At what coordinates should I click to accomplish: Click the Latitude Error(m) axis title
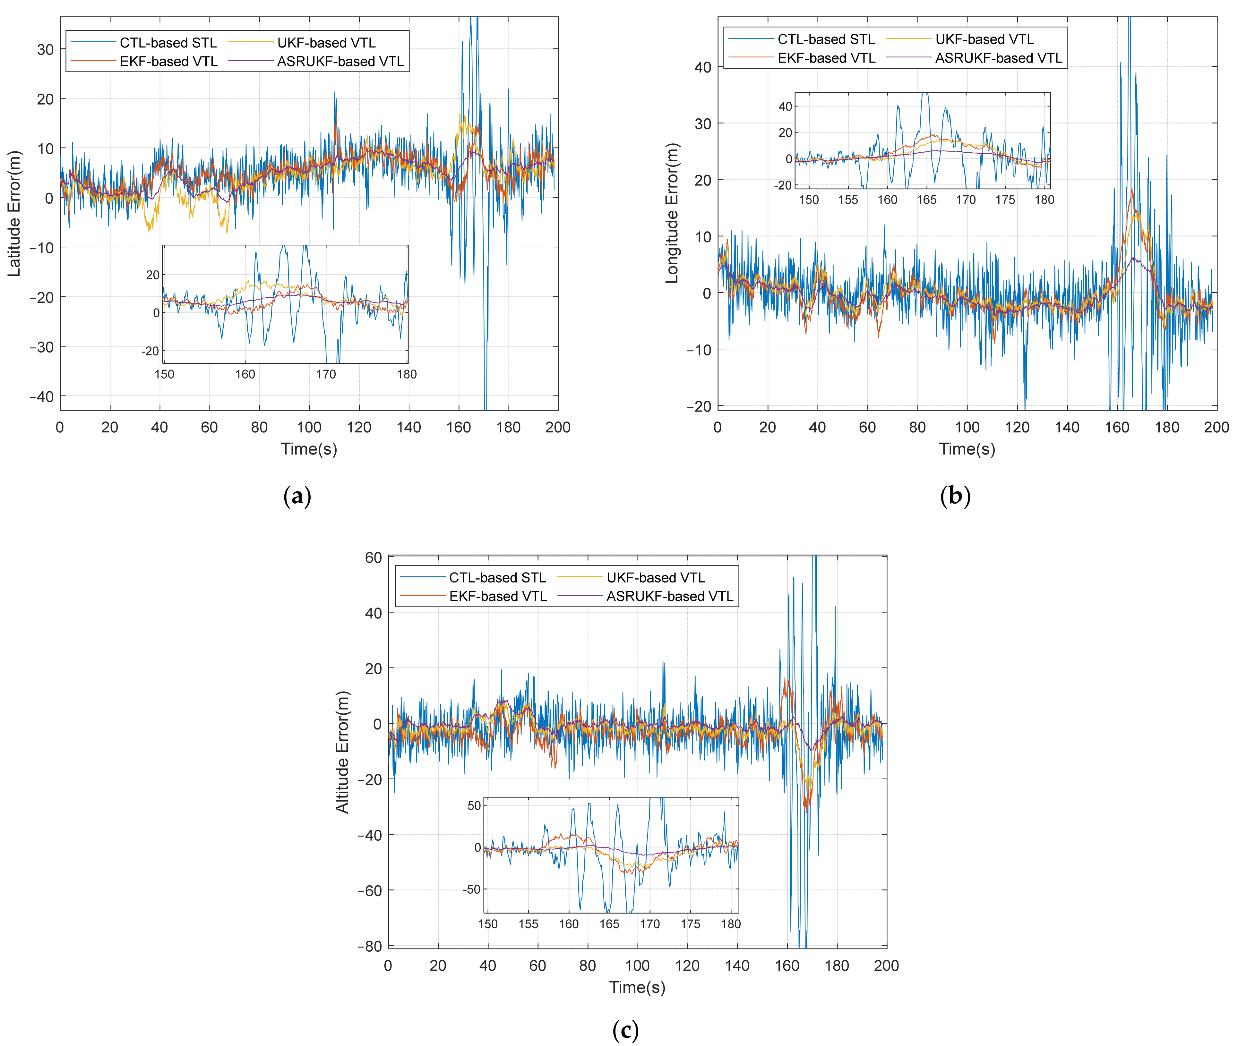(14, 214)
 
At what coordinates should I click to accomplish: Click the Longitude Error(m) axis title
(672, 214)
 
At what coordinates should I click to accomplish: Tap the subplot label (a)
(297, 496)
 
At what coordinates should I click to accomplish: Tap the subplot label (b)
(955, 496)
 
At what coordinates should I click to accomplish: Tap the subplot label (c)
(625, 1030)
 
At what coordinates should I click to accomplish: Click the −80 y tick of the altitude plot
(370, 946)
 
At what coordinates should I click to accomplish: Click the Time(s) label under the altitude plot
(637, 987)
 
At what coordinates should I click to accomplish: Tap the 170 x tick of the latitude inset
(326, 374)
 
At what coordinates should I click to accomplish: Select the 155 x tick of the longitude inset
(848, 200)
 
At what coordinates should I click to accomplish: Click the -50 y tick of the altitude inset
(472, 889)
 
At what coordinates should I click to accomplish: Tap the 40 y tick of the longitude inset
(785, 107)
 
